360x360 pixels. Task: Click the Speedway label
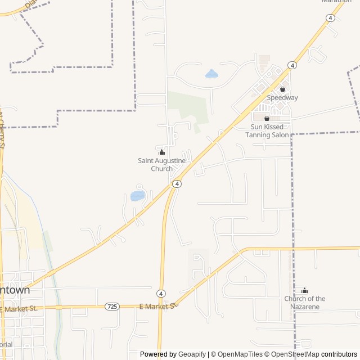pos(282,97)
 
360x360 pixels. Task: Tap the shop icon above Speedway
pos(282,89)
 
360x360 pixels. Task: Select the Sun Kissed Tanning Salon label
pos(269,131)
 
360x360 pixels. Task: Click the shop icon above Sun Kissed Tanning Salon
pos(267,118)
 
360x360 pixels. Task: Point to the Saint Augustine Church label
pos(162,165)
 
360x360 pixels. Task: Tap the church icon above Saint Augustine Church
pos(162,152)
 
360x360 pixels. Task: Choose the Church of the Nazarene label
pos(305,303)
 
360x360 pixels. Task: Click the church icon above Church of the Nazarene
pos(305,290)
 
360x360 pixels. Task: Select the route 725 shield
pos(112,306)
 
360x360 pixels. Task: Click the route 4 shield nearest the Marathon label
pos(330,18)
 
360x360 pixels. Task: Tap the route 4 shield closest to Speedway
pos(292,65)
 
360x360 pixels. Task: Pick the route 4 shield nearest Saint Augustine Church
pos(177,184)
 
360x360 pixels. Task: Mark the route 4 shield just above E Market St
pos(161,294)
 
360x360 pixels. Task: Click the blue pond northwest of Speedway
pos(211,74)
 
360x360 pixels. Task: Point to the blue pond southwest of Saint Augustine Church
pos(137,196)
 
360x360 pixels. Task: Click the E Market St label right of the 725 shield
pos(158,306)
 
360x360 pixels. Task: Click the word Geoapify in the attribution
pos(192,354)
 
